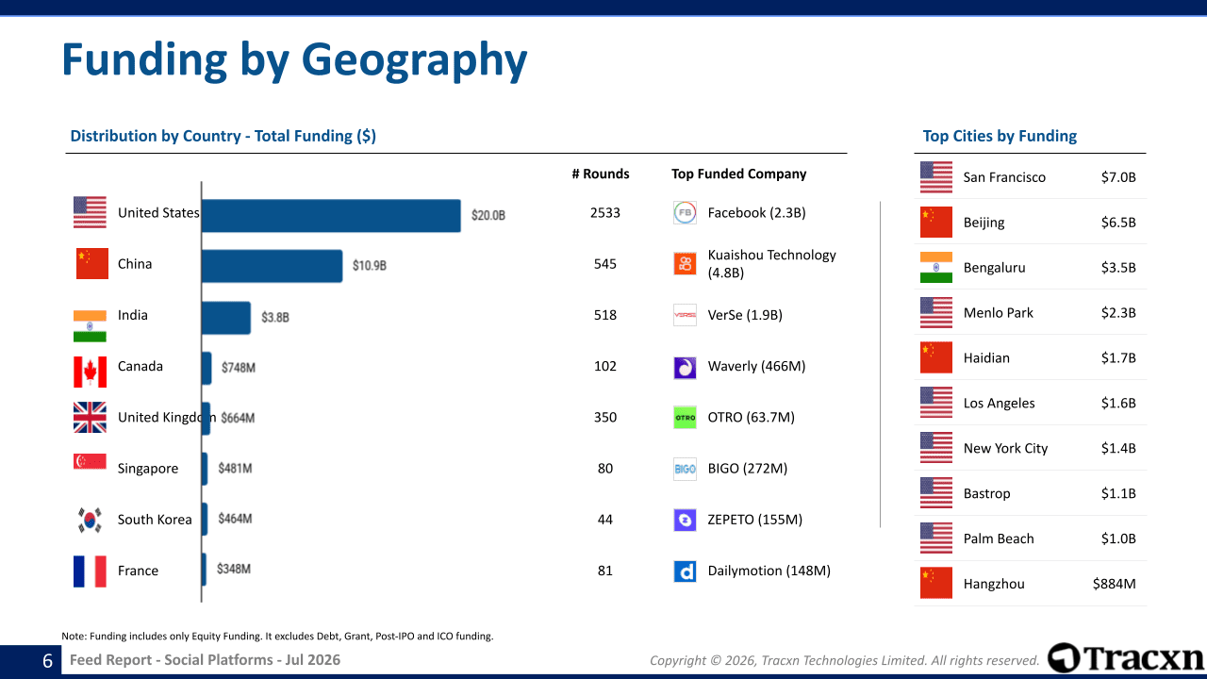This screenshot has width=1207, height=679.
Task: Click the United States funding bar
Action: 331,216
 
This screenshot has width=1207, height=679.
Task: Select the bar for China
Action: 273,266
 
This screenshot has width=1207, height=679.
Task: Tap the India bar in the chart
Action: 226,318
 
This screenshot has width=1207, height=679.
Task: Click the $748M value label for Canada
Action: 239,368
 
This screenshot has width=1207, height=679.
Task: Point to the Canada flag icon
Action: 90,372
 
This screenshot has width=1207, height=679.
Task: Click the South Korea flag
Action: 90,520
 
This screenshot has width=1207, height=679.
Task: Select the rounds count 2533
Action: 605,213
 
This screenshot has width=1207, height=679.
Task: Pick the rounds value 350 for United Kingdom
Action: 605,417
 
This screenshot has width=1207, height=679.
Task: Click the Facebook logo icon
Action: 685,212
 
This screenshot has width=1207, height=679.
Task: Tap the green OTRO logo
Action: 685,417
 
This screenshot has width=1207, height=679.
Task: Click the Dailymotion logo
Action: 685,571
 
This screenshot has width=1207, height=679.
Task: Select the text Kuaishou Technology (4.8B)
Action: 771,263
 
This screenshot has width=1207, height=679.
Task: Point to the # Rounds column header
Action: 601,174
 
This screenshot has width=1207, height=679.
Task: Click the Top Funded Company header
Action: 738,174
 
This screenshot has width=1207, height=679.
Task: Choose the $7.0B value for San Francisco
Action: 1118,177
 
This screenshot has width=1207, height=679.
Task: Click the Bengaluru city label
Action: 994,268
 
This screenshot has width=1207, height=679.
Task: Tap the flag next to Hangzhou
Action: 936,583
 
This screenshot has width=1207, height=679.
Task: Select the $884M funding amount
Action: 1114,584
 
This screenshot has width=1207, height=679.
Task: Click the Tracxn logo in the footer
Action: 1126,658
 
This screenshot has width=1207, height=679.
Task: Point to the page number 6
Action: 47,661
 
